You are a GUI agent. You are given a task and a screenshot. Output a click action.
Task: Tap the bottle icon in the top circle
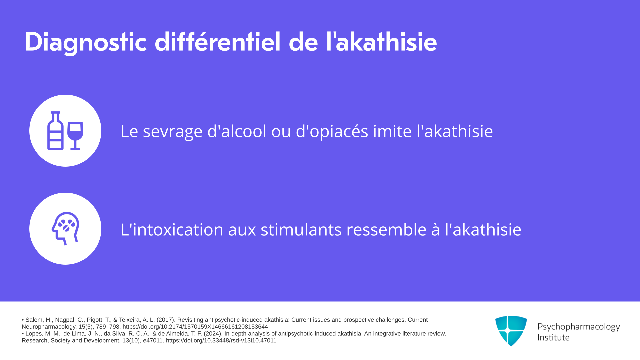point(55,131)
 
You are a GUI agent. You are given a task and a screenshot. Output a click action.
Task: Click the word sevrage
point(173,132)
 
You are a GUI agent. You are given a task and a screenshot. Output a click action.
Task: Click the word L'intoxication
point(172,229)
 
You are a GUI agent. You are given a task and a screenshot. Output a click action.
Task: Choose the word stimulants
point(301,229)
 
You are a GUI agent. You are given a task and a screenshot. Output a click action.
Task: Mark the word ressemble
point(386,229)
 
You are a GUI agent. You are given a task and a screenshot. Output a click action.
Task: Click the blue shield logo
point(511,331)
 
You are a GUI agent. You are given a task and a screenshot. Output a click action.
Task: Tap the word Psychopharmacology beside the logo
point(579,327)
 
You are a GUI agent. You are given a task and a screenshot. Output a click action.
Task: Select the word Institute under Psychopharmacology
point(553,337)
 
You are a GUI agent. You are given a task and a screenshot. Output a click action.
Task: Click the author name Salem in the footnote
point(34,320)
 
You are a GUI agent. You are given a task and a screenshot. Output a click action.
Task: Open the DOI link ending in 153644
point(195,327)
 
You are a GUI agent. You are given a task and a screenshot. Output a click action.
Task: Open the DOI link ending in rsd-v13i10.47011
point(221,341)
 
